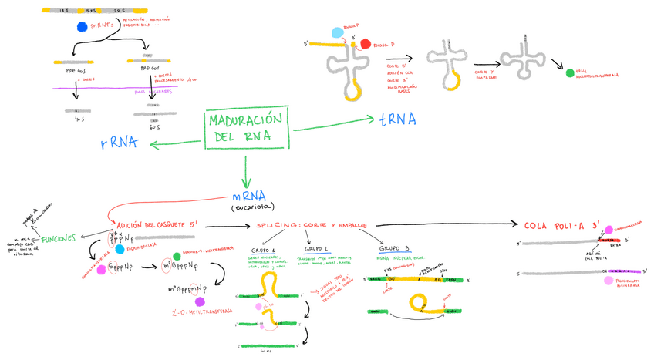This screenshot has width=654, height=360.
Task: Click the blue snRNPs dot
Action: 83,27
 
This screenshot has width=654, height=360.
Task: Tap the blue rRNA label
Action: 120,143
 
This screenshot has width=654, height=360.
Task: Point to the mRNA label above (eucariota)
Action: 248,196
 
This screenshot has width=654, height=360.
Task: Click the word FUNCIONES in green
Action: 59,238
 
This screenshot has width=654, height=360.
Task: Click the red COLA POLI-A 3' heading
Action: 561,225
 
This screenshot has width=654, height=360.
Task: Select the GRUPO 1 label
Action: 264,251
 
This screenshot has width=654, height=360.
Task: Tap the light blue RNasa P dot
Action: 336,33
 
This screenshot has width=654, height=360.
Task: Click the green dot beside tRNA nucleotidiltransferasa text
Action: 570,72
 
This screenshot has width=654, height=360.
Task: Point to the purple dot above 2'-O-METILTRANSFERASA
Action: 200,302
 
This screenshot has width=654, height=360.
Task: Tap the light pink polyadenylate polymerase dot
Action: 609,280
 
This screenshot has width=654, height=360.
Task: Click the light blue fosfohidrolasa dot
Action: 120,250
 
